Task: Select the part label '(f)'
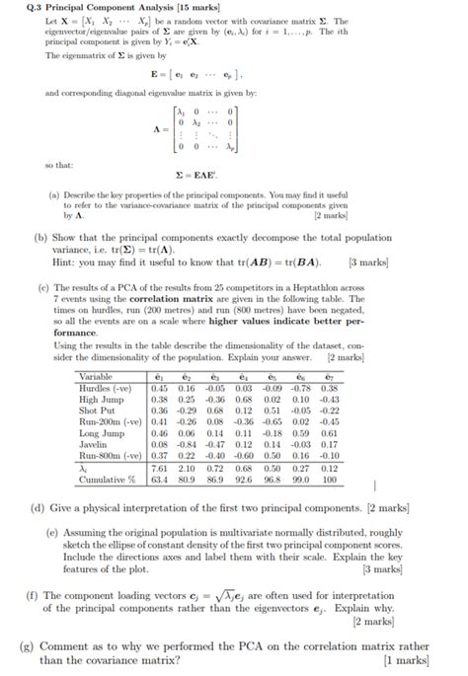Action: tap(38, 595)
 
